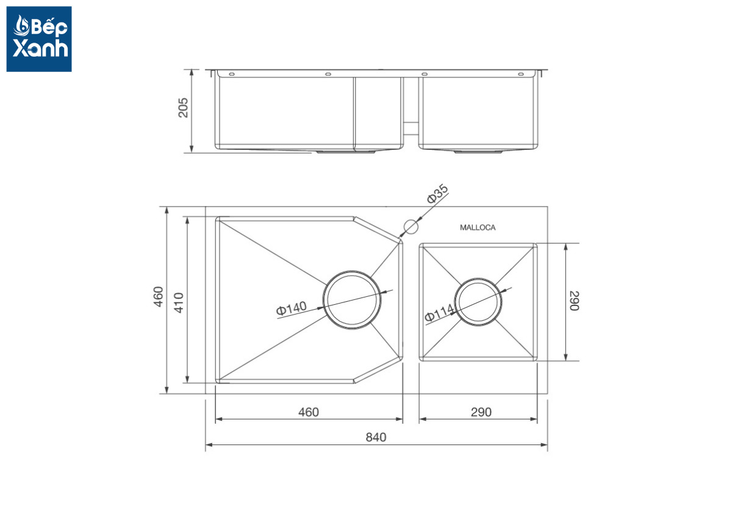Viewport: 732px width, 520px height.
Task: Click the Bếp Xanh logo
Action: (39, 39)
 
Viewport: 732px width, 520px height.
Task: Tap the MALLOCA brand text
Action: (478, 227)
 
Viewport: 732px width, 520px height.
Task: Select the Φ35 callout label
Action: (437, 194)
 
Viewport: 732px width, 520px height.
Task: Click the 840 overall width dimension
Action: (376, 437)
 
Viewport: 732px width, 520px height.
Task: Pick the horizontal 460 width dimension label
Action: (309, 412)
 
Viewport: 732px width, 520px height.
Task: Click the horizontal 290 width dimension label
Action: (481, 412)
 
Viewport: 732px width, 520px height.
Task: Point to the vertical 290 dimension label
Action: (573, 301)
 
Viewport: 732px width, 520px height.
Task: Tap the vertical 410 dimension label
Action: (178, 302)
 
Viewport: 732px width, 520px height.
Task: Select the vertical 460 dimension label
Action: (158, 297)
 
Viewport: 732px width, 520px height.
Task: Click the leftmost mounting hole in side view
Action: (232, 74)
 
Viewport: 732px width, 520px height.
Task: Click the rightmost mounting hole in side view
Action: (521, 74)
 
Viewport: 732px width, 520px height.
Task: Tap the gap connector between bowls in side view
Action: (411, 129)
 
